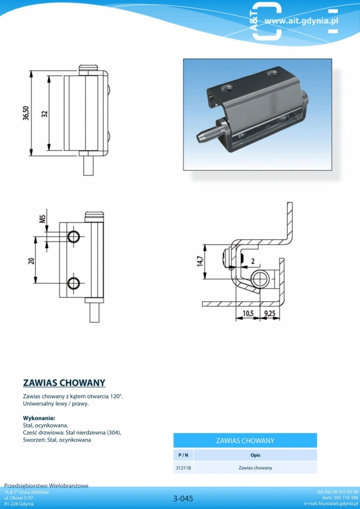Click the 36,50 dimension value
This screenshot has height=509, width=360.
[x=26, y=113]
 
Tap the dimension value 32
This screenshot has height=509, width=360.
[x=45, y=114]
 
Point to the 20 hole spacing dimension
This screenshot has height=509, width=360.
[x=31, y=260]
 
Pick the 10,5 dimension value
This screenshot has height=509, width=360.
[x=247, y=313]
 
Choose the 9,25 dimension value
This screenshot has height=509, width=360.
[x=270, y=313]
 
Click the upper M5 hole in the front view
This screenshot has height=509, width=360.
[x=74, y=236]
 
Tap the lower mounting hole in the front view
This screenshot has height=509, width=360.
[x=74, y=283]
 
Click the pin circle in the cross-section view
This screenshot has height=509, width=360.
[x=260, y=279]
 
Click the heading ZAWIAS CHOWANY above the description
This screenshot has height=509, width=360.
[x=64, y=383]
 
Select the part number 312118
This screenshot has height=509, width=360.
[x=183, y=468]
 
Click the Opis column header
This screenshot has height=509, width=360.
[x=255, y=455]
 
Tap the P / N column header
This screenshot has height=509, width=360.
[x=183, y=455]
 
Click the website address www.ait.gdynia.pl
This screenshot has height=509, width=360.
[x=301, y=21]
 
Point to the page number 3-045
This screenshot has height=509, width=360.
[x=183, y=498]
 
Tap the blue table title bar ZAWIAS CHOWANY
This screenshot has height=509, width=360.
[x=245, y=441]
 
